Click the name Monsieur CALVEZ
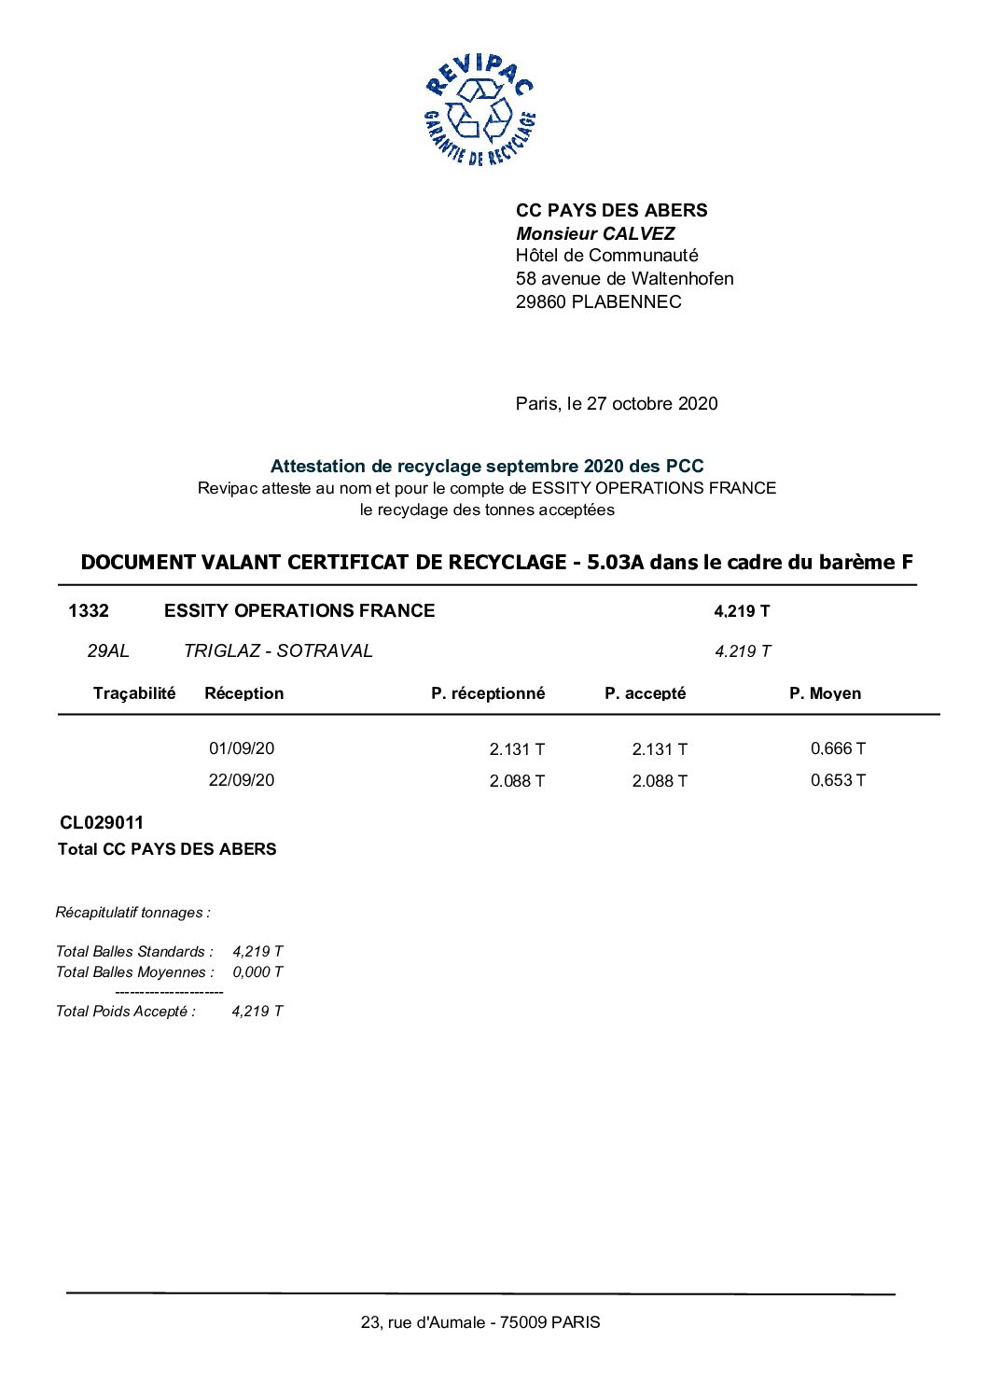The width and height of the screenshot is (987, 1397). tap(595, 233)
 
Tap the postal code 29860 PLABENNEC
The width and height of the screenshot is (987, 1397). tap(598, 301)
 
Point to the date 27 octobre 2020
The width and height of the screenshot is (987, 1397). tap(652, 403)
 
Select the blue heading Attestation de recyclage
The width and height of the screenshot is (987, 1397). tap(486, 466)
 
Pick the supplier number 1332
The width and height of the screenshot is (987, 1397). tap(89, 610)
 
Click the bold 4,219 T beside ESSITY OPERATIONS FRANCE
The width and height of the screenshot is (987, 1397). tap(742, 611)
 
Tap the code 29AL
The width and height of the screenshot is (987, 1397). tap(108, 650)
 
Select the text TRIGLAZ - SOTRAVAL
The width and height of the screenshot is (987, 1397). tap(278, 650)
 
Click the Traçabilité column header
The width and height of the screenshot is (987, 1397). tap(134, 692)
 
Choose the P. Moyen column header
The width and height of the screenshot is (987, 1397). tap(825, 692)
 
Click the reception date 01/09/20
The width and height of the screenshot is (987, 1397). tap(242, 748)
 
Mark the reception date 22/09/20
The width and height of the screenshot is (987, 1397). tap(242, 780)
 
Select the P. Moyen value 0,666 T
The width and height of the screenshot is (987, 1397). tap(838, 748)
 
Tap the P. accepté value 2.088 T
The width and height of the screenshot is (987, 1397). tap(660, 781)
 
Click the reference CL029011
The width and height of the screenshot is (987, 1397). tap(102, 822)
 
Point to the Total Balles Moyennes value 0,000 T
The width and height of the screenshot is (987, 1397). tap(257, 971)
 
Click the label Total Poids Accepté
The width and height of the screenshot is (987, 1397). tap(126, 1011)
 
